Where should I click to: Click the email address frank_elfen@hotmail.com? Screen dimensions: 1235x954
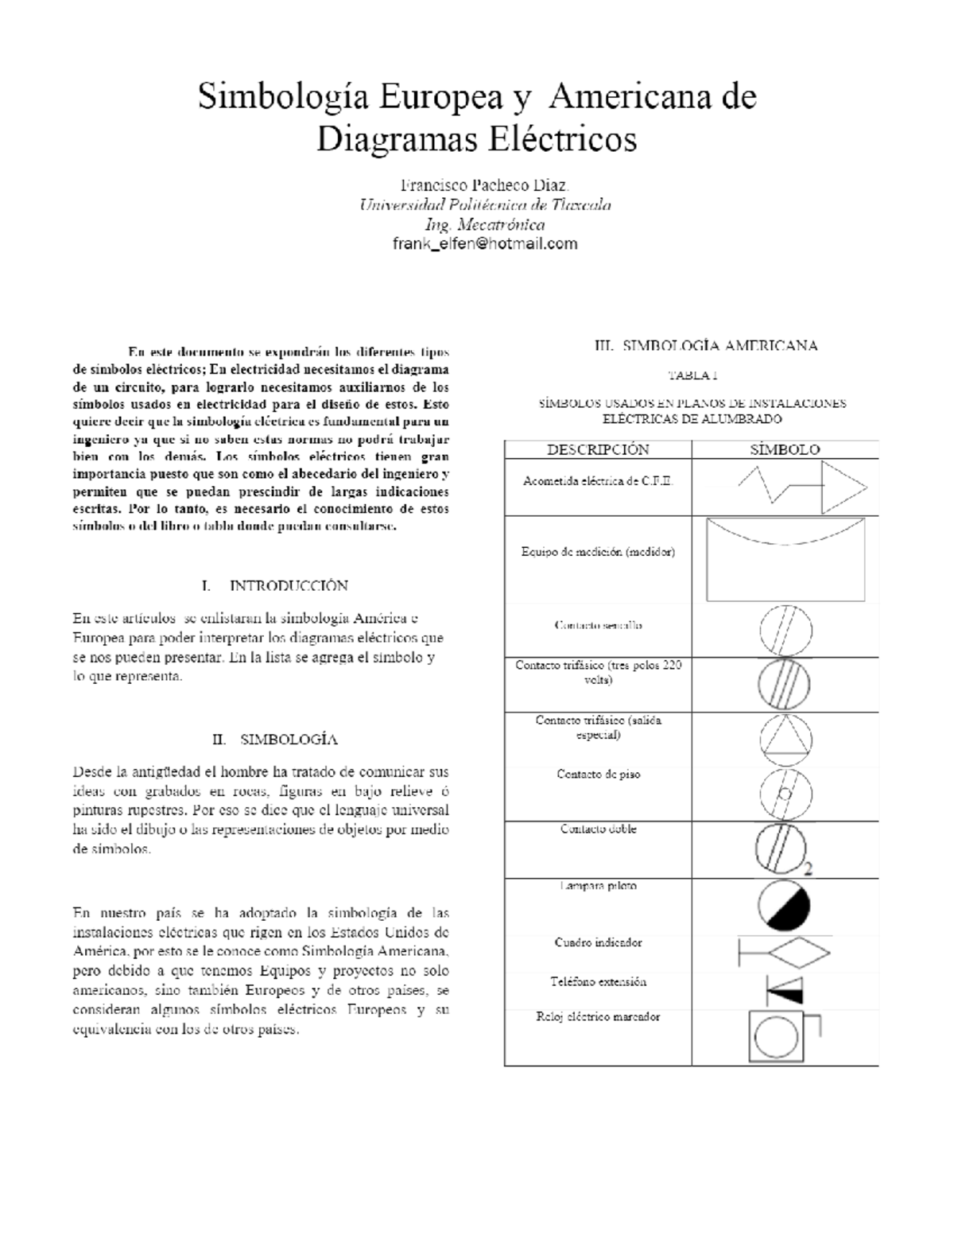[x=485, y=244]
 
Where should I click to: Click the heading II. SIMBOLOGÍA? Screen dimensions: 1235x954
[x=275, y=740]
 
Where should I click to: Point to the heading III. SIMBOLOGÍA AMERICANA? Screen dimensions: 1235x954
[x=707, y=346]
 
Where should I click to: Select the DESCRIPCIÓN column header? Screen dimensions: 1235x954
[x=598, y=449]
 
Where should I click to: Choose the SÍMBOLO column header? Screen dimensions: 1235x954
[x=785, y=449]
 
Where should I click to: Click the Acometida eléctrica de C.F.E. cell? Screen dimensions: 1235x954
[x=598, y=481]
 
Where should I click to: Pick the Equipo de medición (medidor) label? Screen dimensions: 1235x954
[x=598, y=551]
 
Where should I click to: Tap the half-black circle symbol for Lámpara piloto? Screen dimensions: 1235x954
[x=785, y=905]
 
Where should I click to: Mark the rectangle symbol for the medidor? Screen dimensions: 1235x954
[x=785, y=561]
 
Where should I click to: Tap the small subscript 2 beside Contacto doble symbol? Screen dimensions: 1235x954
[x=809, y=868]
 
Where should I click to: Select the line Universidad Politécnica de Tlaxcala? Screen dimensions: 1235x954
[x=485, y=205]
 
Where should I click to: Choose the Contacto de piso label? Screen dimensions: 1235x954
[x=598, y=774]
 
